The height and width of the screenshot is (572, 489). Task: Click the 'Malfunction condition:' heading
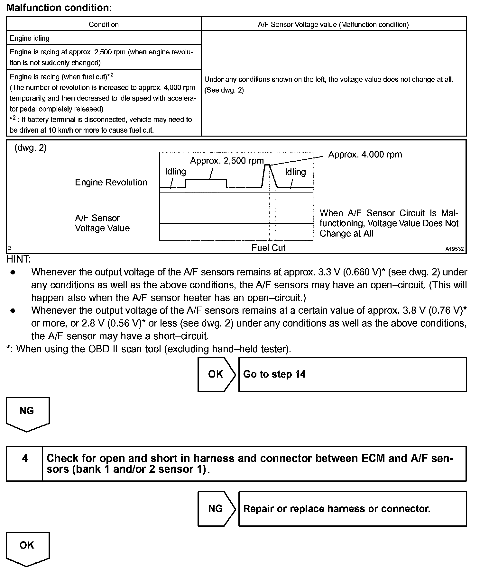(59, 8)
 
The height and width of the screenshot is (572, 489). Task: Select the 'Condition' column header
(104, 24)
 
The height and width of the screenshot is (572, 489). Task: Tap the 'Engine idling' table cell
(30, 38)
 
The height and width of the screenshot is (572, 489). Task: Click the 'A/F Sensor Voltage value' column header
(333, 24)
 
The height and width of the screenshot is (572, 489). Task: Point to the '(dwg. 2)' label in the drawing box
(31, 148)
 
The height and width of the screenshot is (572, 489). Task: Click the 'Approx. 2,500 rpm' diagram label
(227, 160)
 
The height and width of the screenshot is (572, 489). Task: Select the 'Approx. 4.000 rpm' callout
(365, 155)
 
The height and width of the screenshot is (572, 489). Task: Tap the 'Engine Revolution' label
(111, 182)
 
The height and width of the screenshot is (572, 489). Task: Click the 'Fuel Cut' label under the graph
(268, 248)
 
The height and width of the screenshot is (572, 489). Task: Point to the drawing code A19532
(454, 249)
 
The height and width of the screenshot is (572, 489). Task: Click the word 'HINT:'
(19, 259)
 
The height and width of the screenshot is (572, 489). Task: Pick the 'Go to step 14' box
(352, 374)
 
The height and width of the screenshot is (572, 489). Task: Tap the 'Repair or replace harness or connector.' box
(352, 509)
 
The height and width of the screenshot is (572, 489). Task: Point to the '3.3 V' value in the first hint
(329, 272)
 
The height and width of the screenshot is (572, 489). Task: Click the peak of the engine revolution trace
(267, 165)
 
